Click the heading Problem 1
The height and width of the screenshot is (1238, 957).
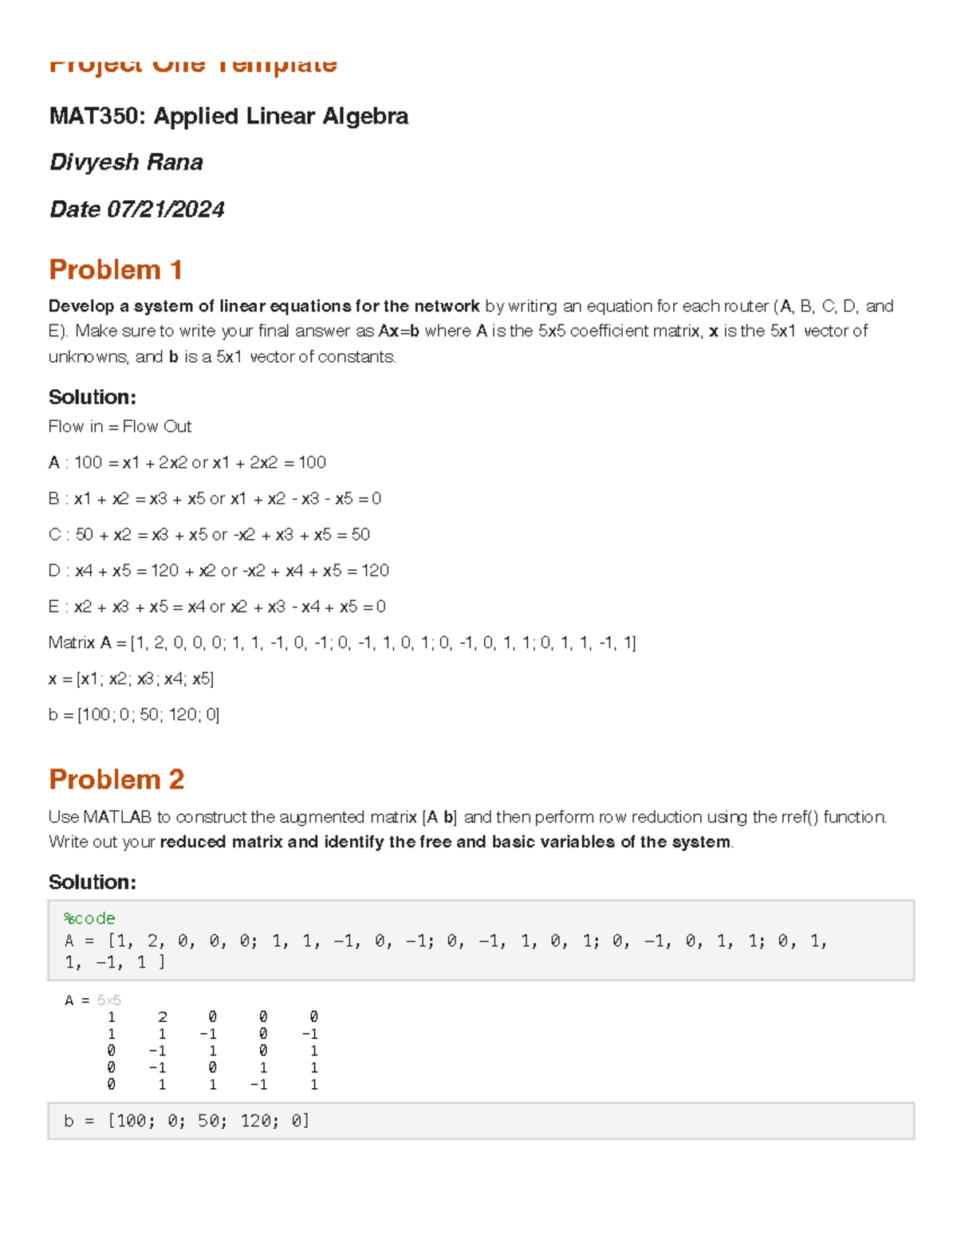point(116,270)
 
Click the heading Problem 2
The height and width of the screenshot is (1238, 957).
point(116,779)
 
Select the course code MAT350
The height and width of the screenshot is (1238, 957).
point(96,116)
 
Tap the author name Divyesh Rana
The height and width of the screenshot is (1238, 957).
point(126,163)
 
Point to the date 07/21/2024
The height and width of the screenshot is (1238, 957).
point(166,210)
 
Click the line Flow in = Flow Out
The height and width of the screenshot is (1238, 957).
point(120,426)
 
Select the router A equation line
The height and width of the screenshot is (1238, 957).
point(187,462)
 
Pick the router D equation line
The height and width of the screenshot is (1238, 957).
point(219,571)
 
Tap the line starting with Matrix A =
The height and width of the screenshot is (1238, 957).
point(341,643)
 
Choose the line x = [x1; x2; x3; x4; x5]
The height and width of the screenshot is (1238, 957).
point(131,678)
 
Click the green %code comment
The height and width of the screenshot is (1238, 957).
point(89,918)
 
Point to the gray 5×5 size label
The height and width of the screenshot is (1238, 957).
point(108,1000)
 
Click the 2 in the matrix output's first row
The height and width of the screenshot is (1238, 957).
point(163,1017)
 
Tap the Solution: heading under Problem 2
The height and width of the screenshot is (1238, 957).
point(93,882)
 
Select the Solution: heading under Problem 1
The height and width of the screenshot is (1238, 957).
point(93,397)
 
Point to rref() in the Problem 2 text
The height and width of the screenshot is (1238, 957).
point(799,817)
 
